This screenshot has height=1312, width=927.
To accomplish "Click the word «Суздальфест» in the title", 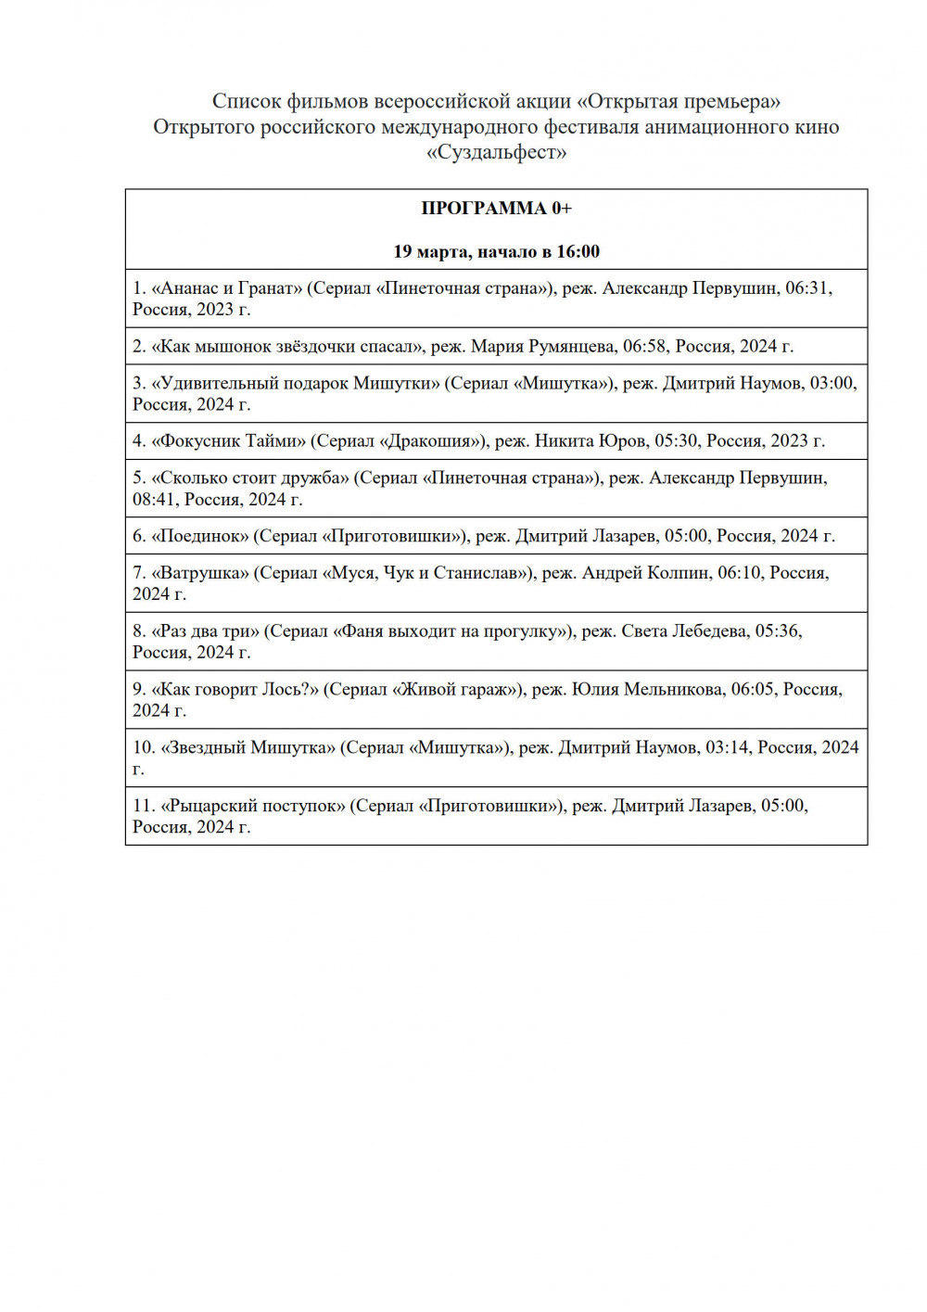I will pos(496,152).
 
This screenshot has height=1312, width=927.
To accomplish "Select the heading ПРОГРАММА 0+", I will pos(496,209).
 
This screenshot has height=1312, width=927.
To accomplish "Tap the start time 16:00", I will pos(578,252).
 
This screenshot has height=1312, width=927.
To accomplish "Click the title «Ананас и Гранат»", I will pos(227,288).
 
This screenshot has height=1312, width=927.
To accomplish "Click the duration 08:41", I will pos(154,500).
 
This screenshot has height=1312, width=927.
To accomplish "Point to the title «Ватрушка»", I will pos(200,573).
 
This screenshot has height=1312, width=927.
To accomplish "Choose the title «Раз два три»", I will pos(206,631).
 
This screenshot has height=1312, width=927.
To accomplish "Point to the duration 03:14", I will pos(727,747).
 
